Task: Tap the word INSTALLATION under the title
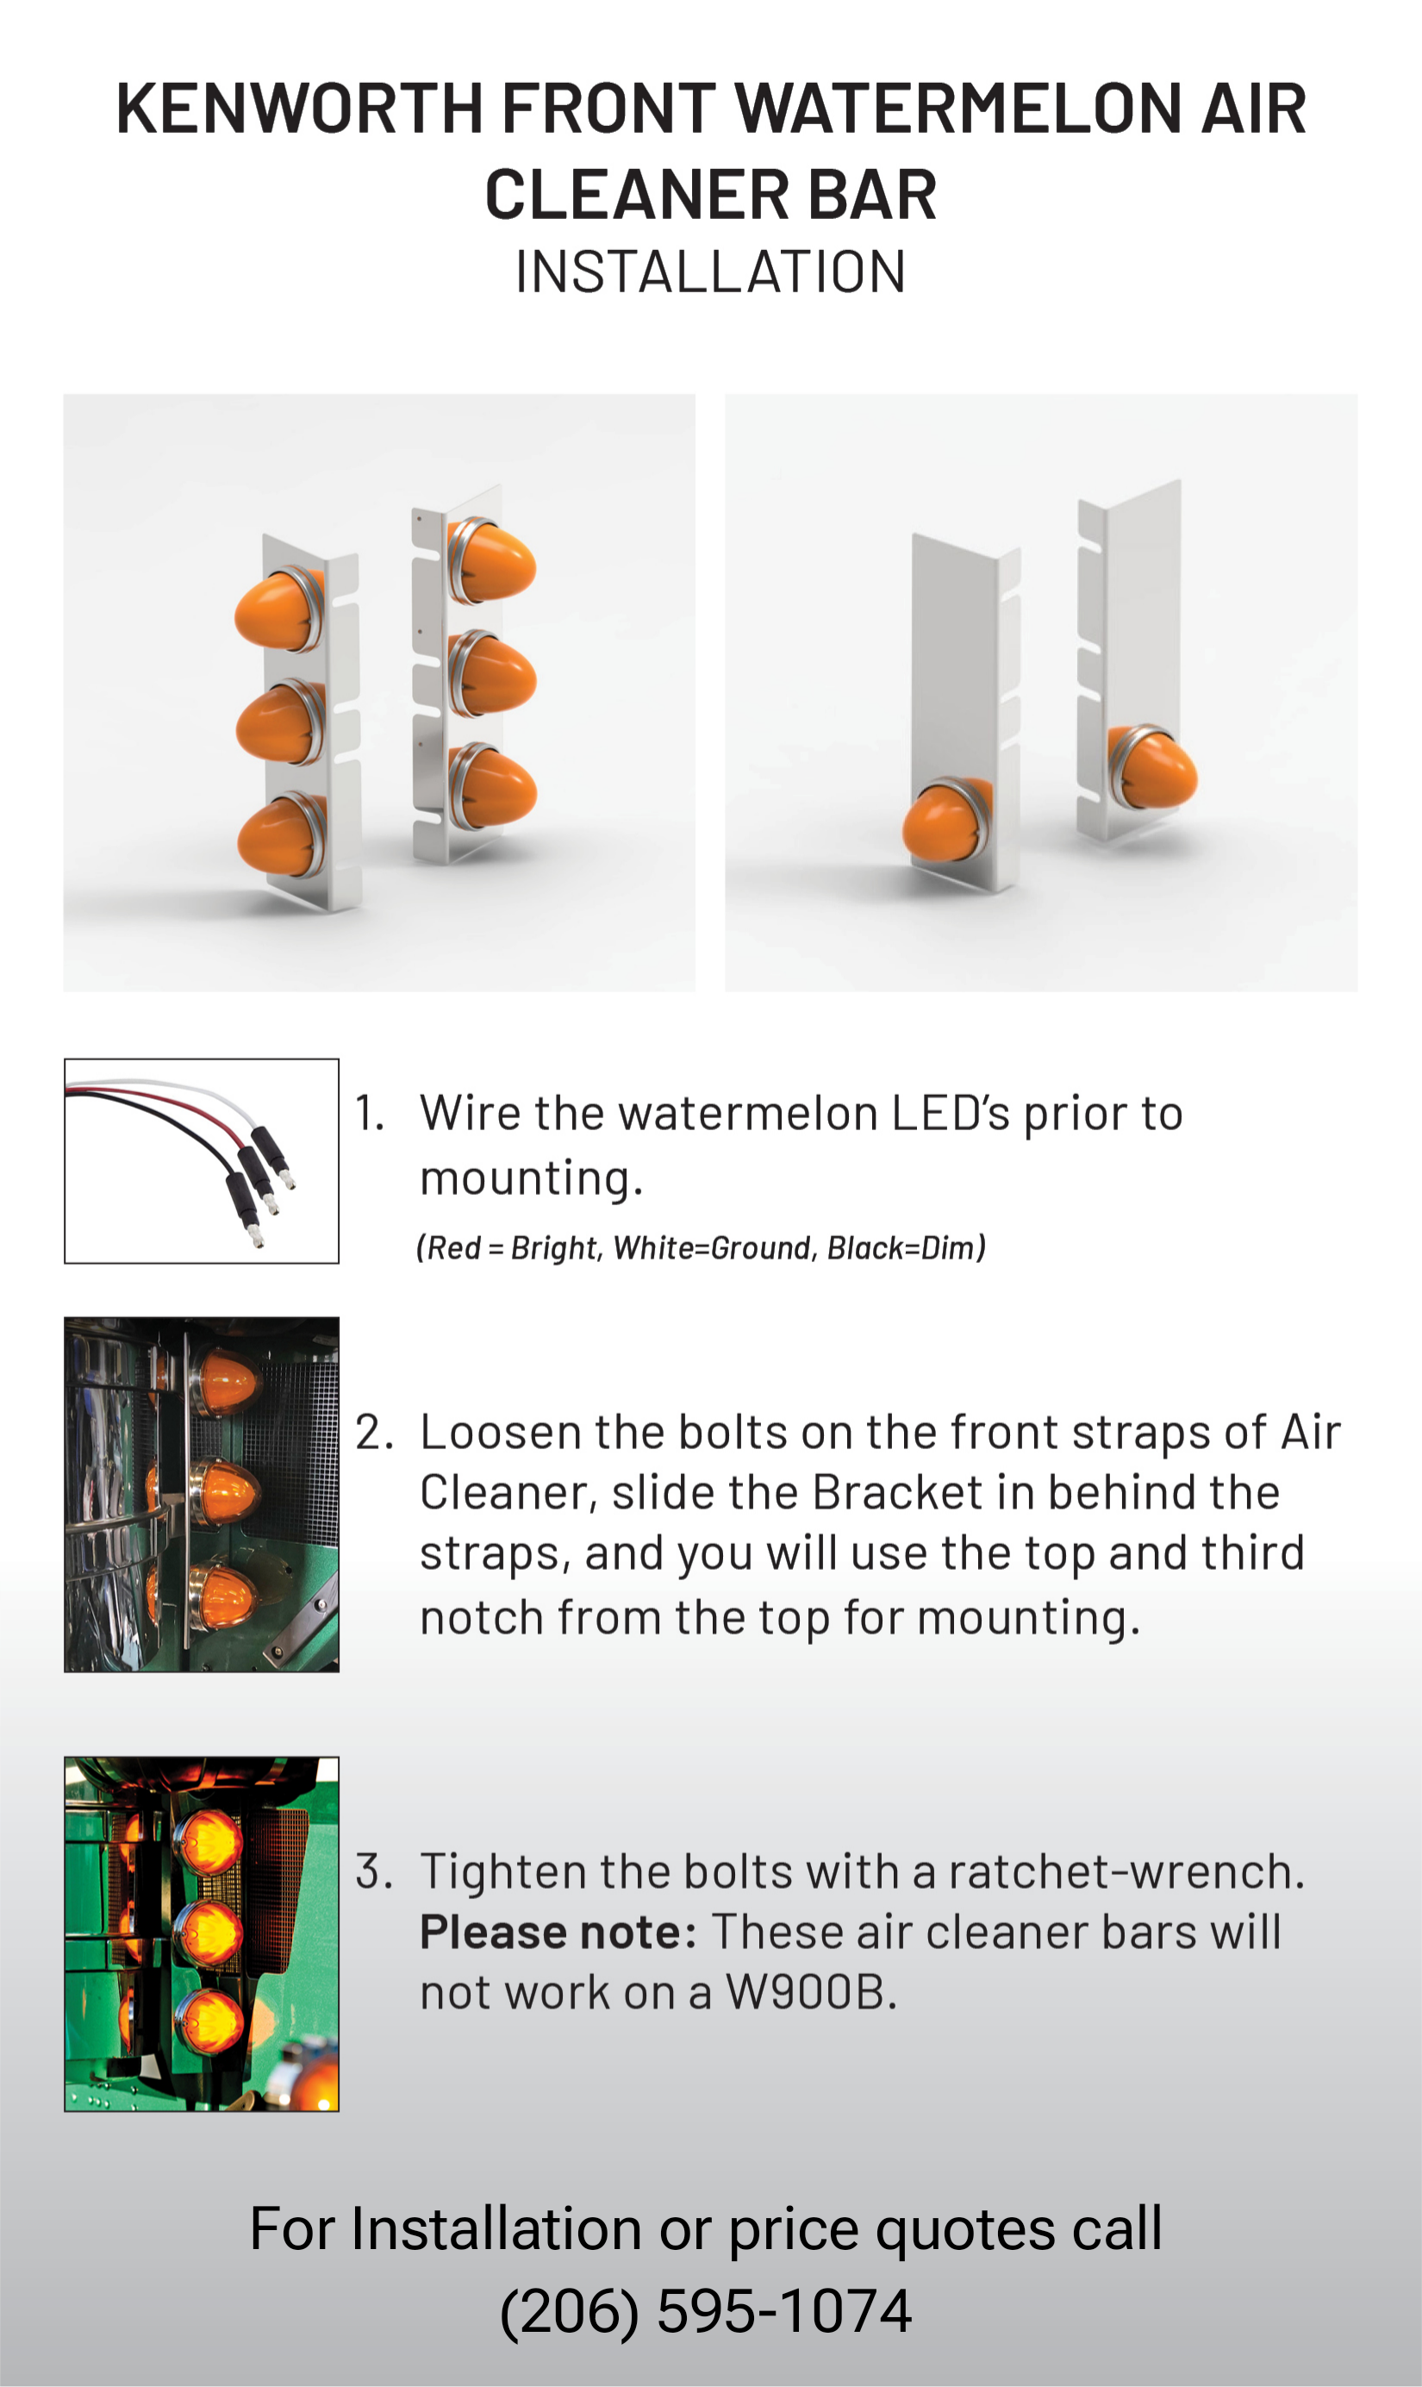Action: click(x=710, y=272)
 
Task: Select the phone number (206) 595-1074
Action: click(x=706, y=2311)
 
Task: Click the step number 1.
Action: click(x=369, y=1114)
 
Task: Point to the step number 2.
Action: click(x=374, y=1433)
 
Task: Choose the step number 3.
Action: click(x=374, y=1871)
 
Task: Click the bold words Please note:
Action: click(x=558, y=1932)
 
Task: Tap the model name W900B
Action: click(x=811, y=1993)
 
